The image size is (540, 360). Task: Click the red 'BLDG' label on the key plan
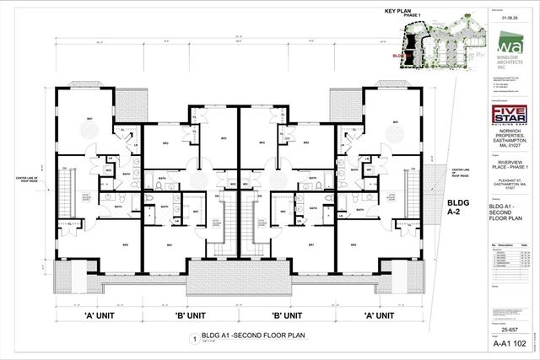pyautogui.click(x=399, y=57)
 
